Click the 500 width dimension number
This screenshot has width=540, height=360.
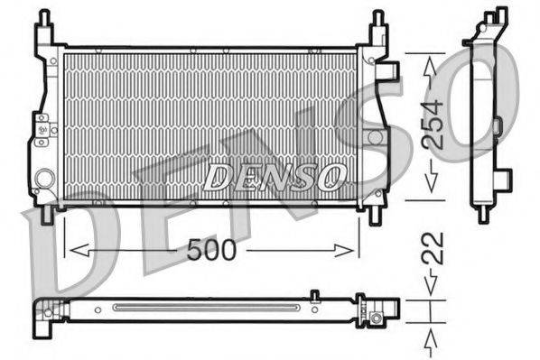tap(210, 250)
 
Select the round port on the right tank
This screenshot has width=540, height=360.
tap(375, 137)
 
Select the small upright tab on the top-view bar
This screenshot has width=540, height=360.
tap(313, 294)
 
